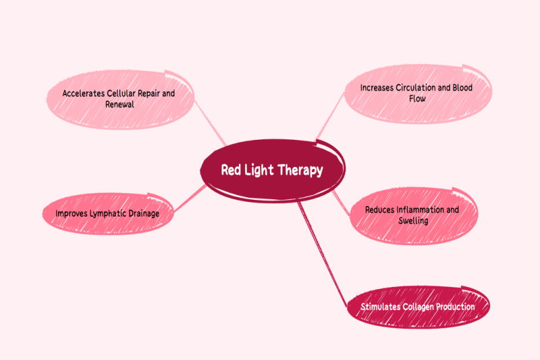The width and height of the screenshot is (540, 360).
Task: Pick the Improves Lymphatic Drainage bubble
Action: [x=107, y=213]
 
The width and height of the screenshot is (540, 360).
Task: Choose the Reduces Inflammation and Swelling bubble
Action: [x=412, y=215]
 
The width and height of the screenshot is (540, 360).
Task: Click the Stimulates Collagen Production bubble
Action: [x=417, y=307]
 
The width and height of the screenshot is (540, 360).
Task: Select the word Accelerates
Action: [x=84, y=93]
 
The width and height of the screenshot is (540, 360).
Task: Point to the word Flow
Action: [x=416, y=99]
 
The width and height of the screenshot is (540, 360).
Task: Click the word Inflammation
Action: [x=420, y=209]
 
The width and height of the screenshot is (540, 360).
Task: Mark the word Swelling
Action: [x=412, y=221]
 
